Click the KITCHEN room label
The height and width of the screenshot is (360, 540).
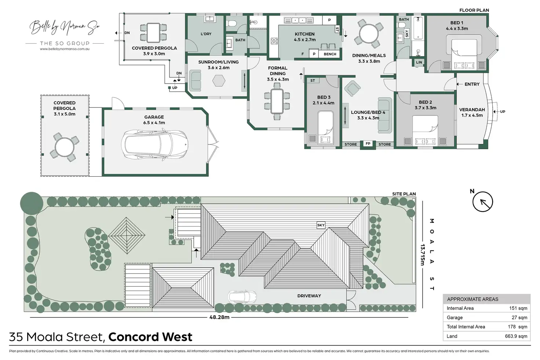click(x=304, y=34)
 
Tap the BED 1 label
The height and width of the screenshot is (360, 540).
click(x=457, y=23)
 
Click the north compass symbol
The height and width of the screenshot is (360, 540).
click(x=482, y=202)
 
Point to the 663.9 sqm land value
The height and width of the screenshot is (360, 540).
click(x=516, y=336)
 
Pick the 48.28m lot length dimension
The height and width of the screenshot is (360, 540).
click(x=219, y=317)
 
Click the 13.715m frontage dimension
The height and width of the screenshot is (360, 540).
click(x=423, y=254)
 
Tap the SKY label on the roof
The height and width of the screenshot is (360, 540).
click(x=321, y=225)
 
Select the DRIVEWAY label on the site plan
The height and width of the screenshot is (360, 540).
click(x=309, y=296)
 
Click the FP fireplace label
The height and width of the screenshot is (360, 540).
click(x=368, y=144)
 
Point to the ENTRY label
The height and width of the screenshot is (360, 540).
click(x=472, y=84)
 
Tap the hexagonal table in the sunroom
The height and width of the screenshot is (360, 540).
click(x=220, y=81)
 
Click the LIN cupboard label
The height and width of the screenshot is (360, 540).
click(x=419, y=62)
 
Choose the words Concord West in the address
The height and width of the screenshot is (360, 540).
click(x=150, y=337)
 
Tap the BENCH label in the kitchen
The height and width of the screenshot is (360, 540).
click(x=330, y=54)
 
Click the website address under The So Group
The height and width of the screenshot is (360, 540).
click(x=65, y=49)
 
